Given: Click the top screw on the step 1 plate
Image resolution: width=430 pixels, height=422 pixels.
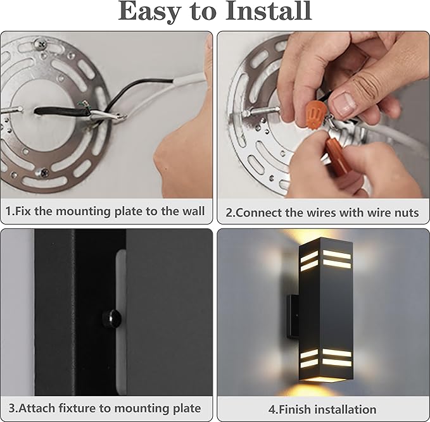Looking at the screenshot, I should point(42,46).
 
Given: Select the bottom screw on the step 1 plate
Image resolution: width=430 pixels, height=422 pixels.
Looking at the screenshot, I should point(44,171).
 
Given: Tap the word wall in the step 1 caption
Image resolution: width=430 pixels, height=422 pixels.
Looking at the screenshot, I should point(192,211).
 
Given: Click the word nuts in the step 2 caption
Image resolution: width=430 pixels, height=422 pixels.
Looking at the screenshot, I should point(405,213).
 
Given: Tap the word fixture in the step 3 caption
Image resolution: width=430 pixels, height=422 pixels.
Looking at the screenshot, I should point(78,408).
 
